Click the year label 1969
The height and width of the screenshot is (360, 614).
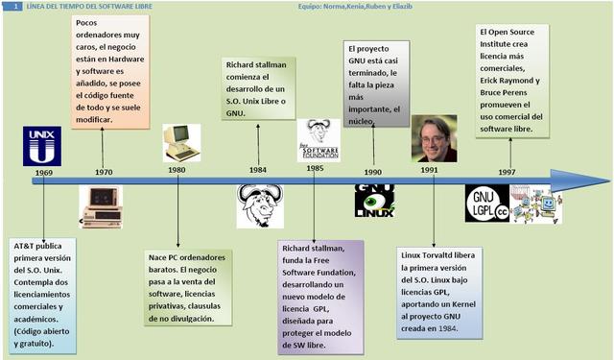click(x=44, y=173)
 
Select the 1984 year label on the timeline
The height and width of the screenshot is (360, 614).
click(x=258, y=170)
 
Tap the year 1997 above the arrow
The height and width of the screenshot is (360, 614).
click(x=507, y=172)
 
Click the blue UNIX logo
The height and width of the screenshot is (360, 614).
click(x=42, y=146)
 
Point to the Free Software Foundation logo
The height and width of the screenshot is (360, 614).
click(x=319, y=140)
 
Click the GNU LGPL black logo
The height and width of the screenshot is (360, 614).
click(x=487, y=204)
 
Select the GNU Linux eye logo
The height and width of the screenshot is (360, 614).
click(x=374, y=201)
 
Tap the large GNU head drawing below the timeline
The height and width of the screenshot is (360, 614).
click(x=260, y=206)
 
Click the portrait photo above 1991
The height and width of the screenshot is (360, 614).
click(x=435, y=138)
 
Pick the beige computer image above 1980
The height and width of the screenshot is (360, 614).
click(x=181, y=143)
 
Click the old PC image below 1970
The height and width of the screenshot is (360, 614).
click(x=101, y=206)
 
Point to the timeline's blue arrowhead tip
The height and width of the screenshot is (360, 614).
click(x=609, y=181)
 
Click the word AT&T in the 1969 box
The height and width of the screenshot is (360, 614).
click(x=23, y=246)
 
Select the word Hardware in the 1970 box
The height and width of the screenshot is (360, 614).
click(x=127, y=60)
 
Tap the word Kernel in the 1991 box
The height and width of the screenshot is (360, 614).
click(x=463, y=304)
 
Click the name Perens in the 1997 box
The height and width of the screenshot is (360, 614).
click(x=515, y=93)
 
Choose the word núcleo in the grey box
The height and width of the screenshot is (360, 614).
click(x=361, y=121)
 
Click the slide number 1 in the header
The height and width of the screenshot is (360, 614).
click(x=15, y=7)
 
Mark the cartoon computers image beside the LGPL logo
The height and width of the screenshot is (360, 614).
click(x=535, y=204)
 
